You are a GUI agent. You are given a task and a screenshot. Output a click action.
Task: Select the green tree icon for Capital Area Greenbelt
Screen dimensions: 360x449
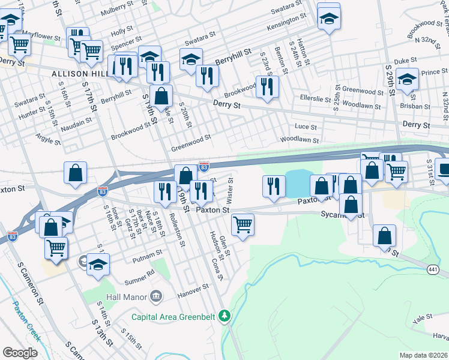click(224, 314)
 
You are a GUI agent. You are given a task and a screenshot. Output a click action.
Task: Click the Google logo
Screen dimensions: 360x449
click(20, 353)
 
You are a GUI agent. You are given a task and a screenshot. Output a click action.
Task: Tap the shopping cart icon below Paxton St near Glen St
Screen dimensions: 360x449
click(243, 225)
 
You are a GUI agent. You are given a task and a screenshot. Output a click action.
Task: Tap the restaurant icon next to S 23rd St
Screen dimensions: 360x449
click(267, 86)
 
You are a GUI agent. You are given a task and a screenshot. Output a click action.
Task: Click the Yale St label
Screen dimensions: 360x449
click(423, 317)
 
